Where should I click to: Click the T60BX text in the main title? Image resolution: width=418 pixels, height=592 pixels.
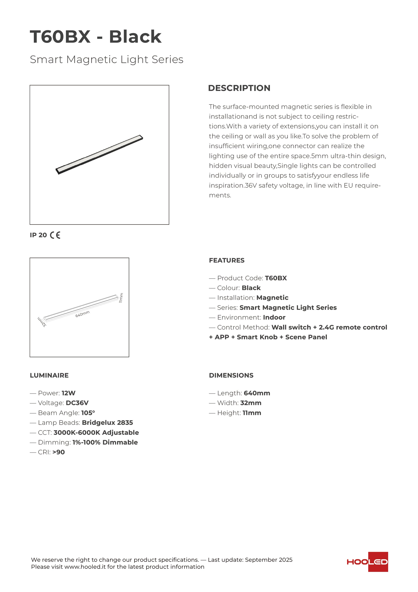click(60, 37)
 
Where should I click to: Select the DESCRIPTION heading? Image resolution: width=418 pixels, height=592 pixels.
click(239, 88)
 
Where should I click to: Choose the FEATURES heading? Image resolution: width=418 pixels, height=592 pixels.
click(227, 260)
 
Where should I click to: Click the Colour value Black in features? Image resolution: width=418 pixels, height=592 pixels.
click(251, 288)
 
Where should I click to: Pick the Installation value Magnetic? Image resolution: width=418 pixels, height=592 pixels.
click(272, 298)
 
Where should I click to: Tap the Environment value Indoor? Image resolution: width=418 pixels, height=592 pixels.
click(274, 317)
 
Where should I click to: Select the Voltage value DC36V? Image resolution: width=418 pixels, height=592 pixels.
click(77, 403)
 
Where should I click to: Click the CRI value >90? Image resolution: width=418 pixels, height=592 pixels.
click(59, 452)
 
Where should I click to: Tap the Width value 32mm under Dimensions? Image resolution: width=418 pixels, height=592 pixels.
click(251, 403)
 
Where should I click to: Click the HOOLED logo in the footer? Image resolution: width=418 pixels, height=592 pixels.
click(367, 562)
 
